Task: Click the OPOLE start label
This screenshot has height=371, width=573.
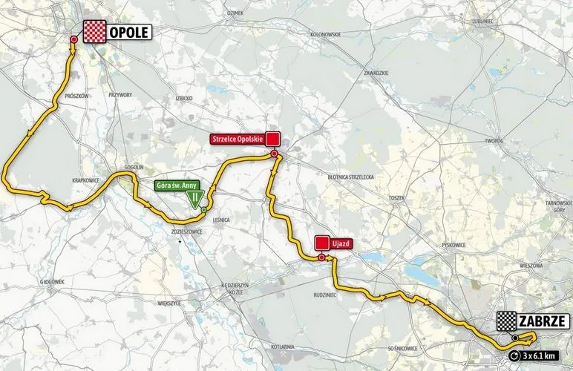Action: click(130, 32)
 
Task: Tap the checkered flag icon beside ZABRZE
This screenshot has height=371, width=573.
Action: click(508, 322)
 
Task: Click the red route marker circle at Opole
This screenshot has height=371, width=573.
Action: click(73, 39)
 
